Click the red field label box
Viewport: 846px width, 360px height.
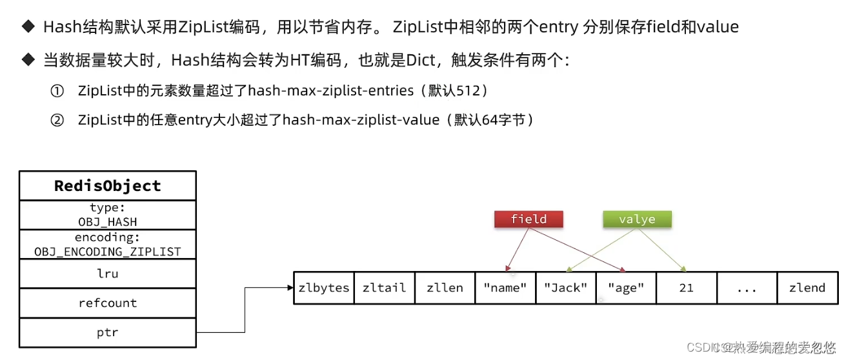[529, 219]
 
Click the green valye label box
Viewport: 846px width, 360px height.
[637, 219]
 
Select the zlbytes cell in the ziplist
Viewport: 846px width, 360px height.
[324, 288]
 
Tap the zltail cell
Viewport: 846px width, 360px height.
[385, 288]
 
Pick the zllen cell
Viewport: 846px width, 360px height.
[445, 288]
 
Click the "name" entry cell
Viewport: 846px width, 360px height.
[505, 288]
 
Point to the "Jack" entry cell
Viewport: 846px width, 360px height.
[566, 288]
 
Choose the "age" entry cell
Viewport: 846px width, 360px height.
[626, 288]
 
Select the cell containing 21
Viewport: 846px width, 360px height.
[686, 288]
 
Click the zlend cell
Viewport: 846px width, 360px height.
[807, 288]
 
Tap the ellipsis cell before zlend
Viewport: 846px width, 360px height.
[747, 288]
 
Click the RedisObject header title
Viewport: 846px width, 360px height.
[107, 186]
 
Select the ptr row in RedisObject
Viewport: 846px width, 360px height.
[107, 333]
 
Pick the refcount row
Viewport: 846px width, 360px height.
[107, 303]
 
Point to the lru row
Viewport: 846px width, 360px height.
[107, 274]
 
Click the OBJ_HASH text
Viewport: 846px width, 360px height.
[107, 221]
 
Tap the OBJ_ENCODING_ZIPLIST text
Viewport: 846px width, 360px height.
[107, 251]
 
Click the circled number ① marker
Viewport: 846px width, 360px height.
[57, 91]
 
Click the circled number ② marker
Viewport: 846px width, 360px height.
[57, 120]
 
